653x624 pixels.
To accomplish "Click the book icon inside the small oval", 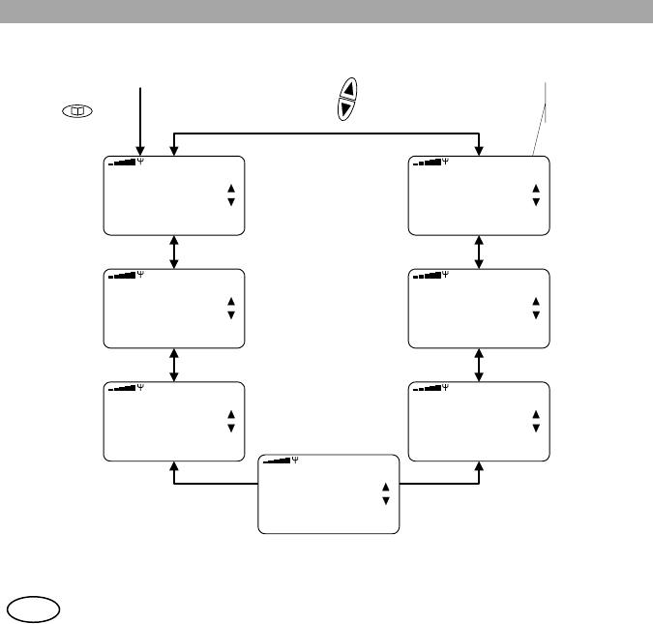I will (75, 112).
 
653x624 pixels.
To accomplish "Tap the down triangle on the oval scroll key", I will (347, 110).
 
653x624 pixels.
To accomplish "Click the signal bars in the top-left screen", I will (122, 161).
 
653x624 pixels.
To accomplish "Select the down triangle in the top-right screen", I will (535, 201).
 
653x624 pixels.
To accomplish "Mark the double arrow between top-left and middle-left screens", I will (174, 252).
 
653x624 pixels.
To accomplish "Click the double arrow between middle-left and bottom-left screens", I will (174, 364).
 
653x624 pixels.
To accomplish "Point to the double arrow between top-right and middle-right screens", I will (480, 252).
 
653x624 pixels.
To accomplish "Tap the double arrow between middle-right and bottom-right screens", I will (480, 364).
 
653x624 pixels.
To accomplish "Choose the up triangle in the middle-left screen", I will (230, 301).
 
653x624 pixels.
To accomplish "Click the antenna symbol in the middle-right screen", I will (446, 275).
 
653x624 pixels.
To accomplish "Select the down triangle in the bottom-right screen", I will (535, 427).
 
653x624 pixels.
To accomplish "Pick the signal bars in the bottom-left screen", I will (122, 387).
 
